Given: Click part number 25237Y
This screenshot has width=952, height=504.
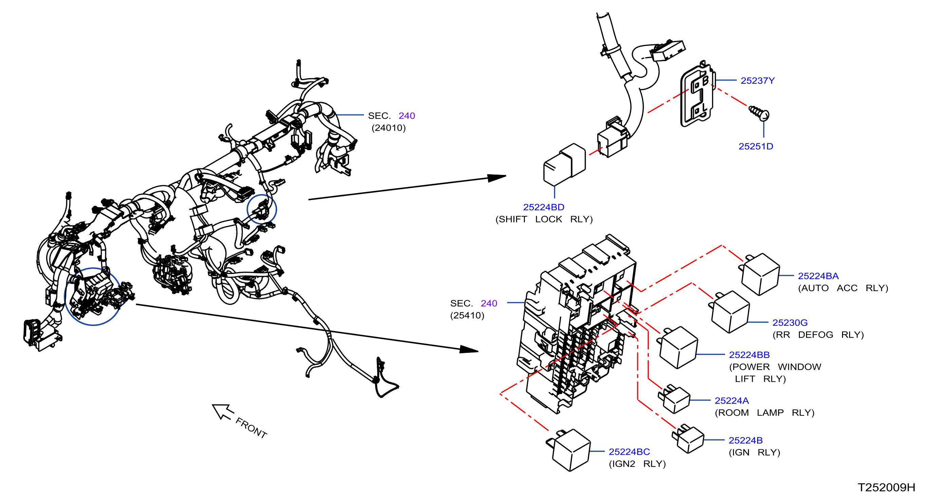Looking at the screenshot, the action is (x=757, y=80).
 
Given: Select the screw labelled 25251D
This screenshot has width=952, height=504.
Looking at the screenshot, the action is (x=759, y=113).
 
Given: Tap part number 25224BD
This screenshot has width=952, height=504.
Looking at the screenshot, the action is (x=544, y=207).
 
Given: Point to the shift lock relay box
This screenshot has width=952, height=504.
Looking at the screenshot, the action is (x=564, y=165).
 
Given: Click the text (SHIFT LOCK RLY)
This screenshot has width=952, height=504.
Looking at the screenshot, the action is (x=544, y=219).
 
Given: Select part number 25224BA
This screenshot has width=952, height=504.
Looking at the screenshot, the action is (x=818, y=276).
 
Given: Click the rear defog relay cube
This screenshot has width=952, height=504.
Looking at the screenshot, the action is (x=730, y=312).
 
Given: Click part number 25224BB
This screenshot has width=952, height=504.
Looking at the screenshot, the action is (x=749, y=355).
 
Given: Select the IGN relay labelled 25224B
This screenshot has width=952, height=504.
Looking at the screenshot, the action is (x=688, y=439).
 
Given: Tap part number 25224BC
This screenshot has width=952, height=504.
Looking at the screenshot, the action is (x=629, y=451).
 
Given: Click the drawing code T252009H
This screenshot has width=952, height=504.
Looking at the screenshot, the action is (x=886, y=487).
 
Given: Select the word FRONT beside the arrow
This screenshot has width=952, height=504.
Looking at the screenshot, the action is (x=251, y=428).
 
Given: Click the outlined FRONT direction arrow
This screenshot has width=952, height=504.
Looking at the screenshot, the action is (x=223, y=412).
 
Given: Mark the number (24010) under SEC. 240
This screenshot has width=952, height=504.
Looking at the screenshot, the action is (x=388, y=128).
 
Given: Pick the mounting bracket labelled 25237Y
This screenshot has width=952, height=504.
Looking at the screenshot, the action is (x=697, y=94).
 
